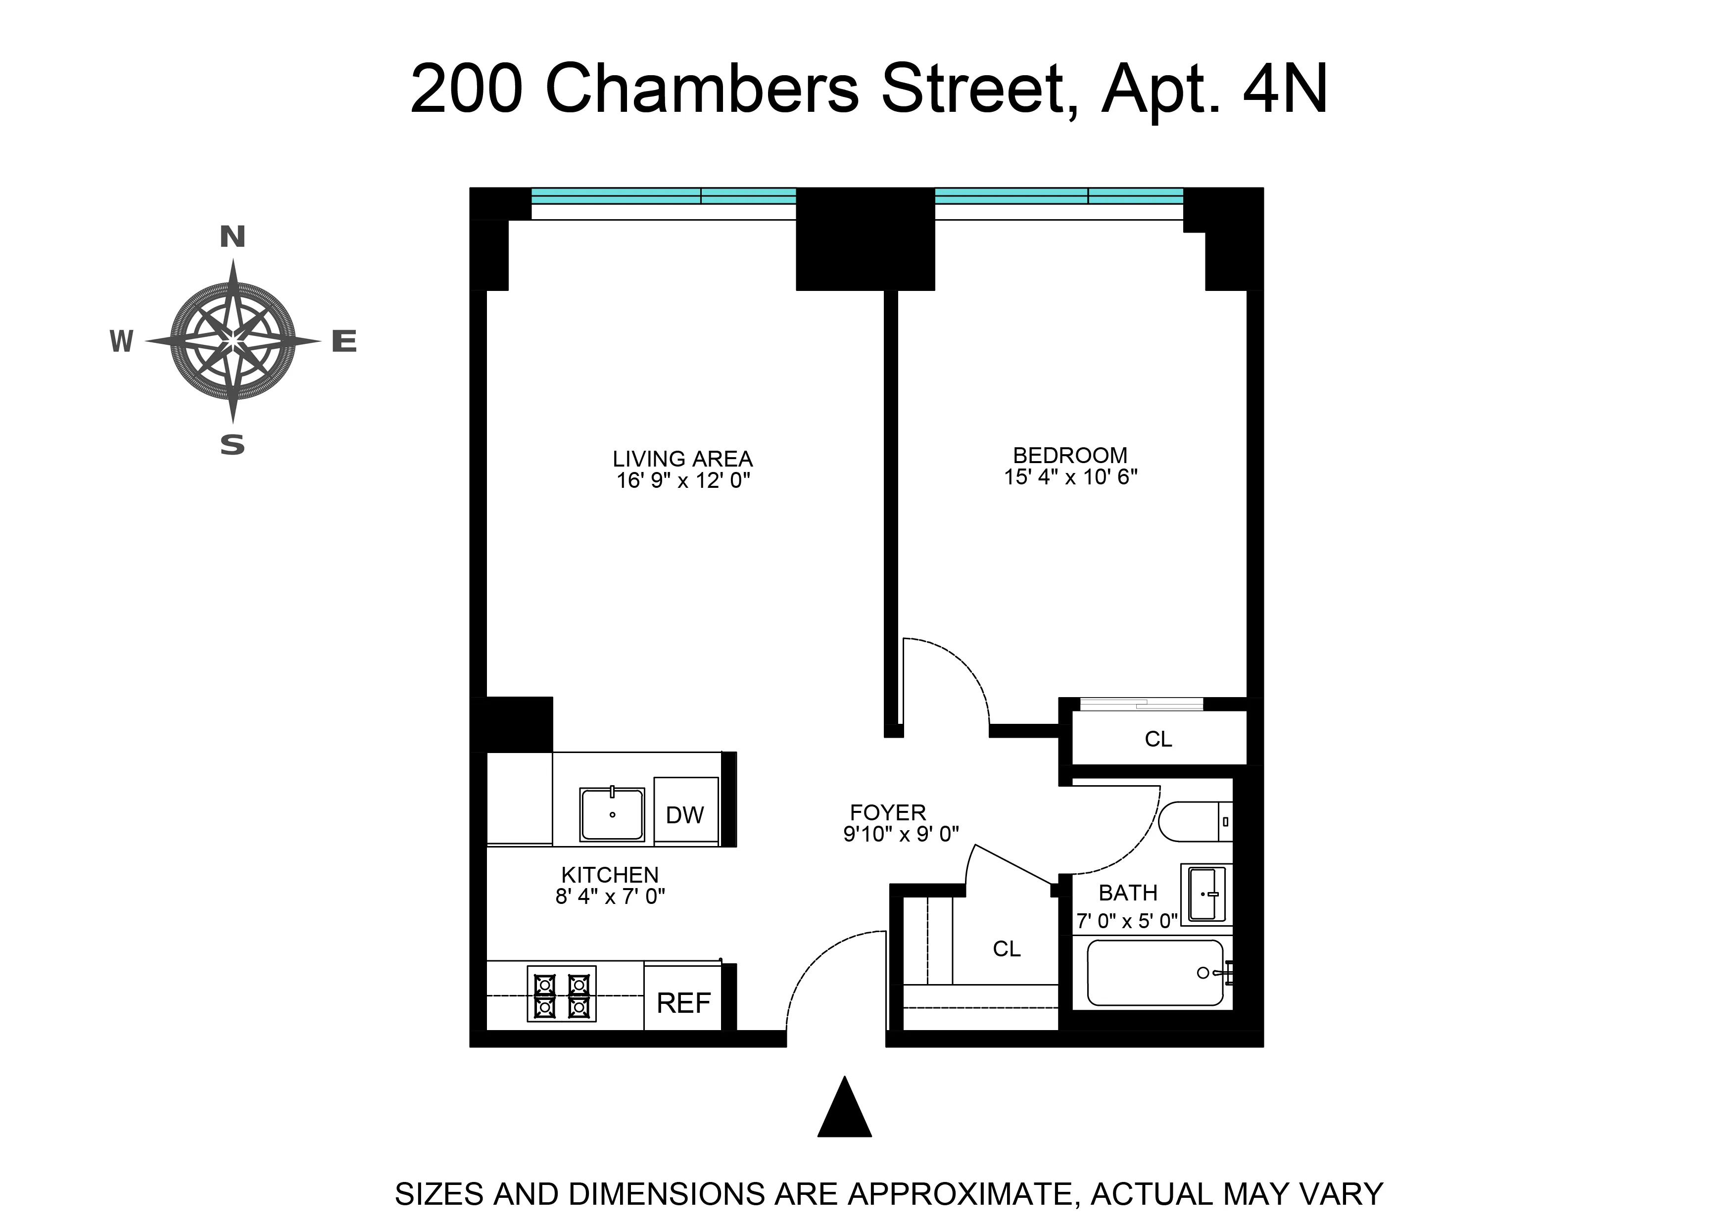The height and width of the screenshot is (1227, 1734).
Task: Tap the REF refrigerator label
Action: pos(684,1003)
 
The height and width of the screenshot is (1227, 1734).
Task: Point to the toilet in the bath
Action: pos(1194,822)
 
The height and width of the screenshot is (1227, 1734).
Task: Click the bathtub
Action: pos(1155,973)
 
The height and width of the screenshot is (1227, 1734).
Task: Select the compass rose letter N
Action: pos(233,237)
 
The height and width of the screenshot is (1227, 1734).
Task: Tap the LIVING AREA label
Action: pos(682,459)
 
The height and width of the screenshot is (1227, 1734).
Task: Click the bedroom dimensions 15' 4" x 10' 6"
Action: pos(1070,477)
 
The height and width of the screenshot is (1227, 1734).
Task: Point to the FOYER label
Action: pos(888,813)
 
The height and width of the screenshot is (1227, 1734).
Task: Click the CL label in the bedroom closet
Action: pos(1158,740)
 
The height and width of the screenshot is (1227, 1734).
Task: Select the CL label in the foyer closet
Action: pos(1007,949)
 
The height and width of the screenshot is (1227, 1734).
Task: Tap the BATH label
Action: pos(1127,893)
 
